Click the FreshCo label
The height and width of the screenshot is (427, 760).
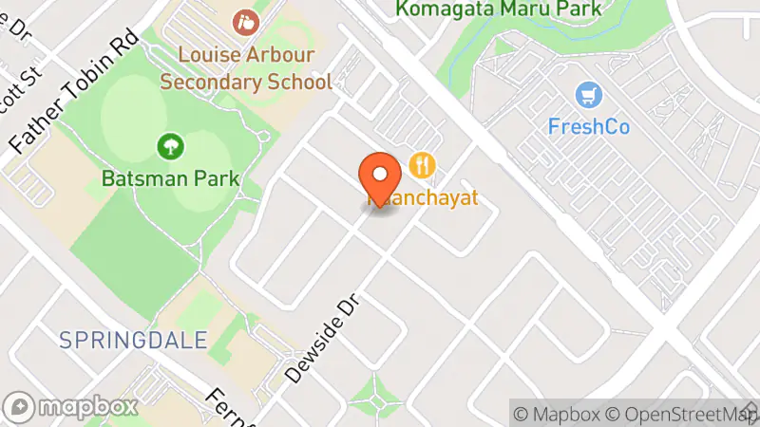point(589,125)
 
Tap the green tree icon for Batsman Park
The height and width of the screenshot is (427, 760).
point(170,146)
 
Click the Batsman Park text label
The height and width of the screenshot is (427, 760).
point(170,177)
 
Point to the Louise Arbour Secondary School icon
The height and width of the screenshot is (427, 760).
point(246,19)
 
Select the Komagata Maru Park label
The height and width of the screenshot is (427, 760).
point(499,9)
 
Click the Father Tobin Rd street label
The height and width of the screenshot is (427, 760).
point(74,92)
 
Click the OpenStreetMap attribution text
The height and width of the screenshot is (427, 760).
point(683,414)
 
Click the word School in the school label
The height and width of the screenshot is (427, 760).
point(300,82)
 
